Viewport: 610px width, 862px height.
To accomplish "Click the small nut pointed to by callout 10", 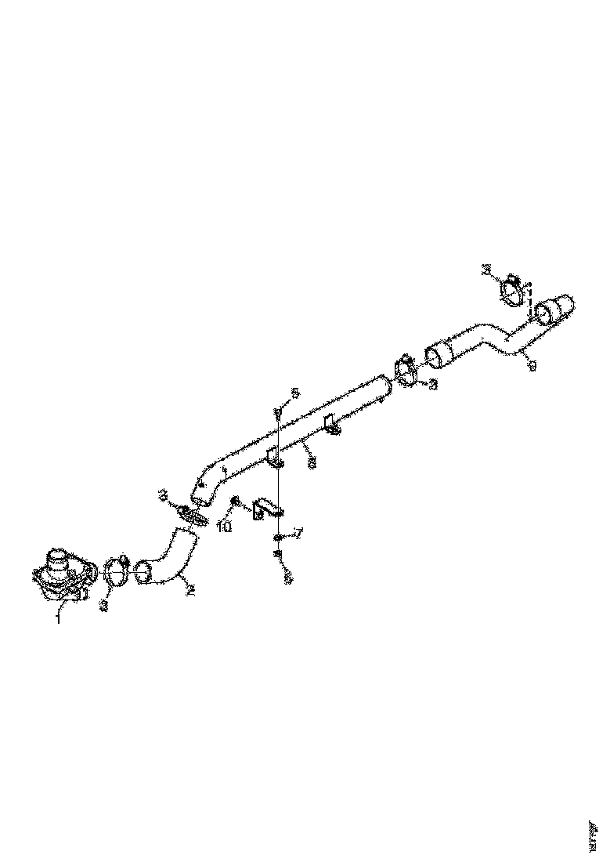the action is (235, 500).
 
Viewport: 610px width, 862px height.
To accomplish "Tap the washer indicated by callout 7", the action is (278, 537).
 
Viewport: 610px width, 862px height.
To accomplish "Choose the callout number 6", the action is (287, 578).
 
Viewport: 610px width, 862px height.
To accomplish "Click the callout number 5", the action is (295, 392).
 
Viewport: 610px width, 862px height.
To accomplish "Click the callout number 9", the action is (532, 365).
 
